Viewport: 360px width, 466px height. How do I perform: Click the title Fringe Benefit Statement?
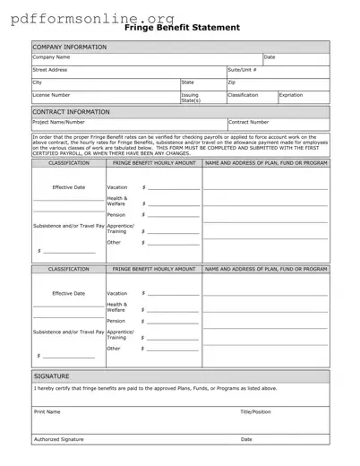[195, 28]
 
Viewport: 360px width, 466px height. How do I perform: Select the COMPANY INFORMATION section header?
[69, 47]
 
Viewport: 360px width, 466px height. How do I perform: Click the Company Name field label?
[52, 57]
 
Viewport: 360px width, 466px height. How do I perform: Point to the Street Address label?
[50, 69]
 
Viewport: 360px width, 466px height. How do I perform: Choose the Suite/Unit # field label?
[242, 69]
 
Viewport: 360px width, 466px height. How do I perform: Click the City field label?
[38, 82]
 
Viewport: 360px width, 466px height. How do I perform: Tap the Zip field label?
[232, 82]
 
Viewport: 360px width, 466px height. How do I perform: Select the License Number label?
[51, 94]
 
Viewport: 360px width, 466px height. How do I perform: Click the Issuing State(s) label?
[190, 97]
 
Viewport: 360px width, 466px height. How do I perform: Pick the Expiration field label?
[291, 94]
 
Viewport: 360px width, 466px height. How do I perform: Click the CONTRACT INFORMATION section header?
[71, 112]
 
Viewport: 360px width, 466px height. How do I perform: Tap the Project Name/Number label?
[58, 122]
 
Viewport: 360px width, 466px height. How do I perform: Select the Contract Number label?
[249, 122]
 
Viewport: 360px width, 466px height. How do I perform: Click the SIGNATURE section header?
[51, 376]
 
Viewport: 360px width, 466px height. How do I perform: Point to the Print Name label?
[47, 411]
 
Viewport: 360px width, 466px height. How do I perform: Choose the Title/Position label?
[255, 411]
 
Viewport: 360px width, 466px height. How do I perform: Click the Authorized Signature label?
[58, 439]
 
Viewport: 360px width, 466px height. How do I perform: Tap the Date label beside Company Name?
[270, 57]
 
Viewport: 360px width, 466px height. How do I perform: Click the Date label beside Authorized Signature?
[246, 439]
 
